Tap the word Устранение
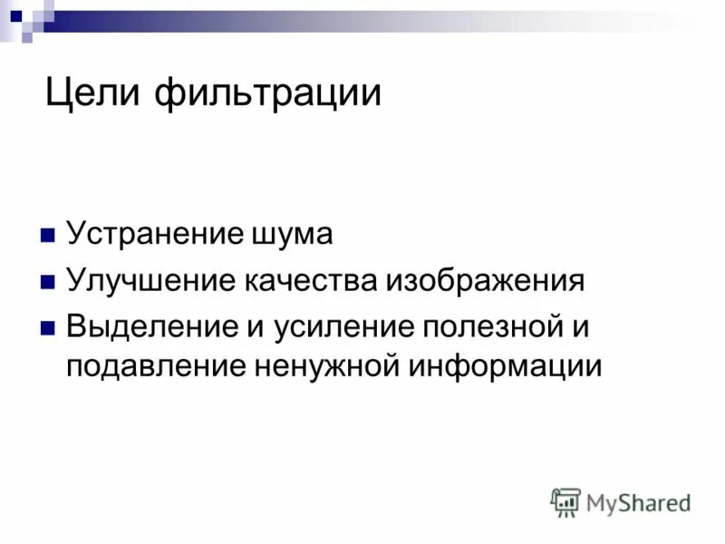point(152,235)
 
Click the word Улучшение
point(150,281)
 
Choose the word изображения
point(486,281)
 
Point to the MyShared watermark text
point(638,502)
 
